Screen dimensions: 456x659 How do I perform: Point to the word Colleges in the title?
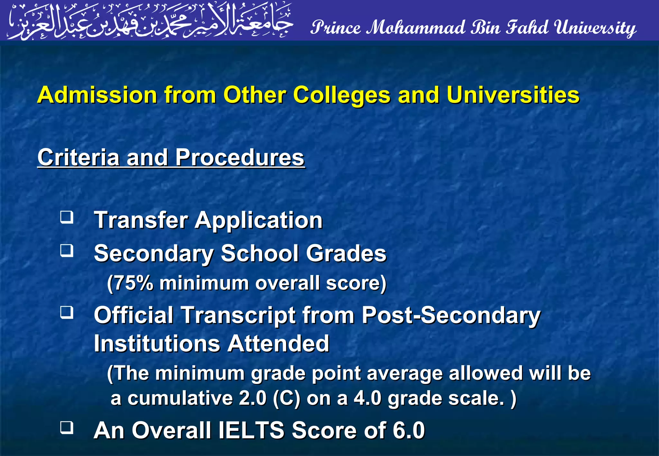[x=341, y=96]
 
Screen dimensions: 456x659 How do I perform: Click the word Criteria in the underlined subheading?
[x=78, y=158]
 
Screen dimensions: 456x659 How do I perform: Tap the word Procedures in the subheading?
[x=239, y=158]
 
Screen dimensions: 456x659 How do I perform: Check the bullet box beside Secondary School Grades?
[x=67, y=251]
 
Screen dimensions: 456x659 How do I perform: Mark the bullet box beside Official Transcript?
[x=67, y=312]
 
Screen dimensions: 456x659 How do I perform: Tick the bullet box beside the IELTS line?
[x=67, y=428]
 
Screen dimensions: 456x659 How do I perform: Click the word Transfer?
[x=141, y=220]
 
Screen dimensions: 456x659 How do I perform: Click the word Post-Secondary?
[x=450, y=315]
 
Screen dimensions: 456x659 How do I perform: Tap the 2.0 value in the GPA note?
[x=253, y=398]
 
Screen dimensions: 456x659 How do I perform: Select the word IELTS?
[x=251, y=430]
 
